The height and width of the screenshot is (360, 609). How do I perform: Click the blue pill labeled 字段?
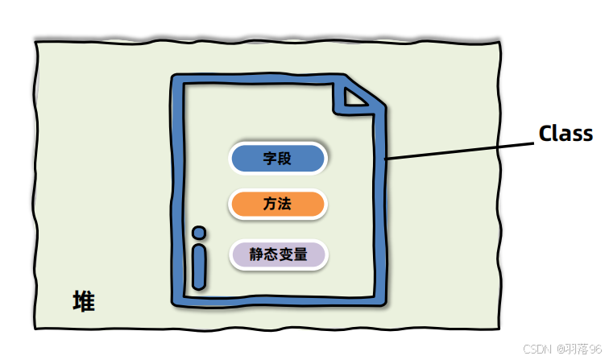pyautogui.click(x=278, y=159)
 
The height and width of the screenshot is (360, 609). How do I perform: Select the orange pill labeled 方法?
pyautogui.click(x=278, y=205)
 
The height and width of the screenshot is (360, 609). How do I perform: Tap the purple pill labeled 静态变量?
pyautogui.click(x=279, y=254)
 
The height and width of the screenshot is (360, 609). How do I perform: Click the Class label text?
pyautogui.click(x=565, y=134)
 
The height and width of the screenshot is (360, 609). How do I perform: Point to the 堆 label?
pyautogui.click(x=83, y=302)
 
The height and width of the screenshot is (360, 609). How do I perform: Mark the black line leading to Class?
pyautogui.click(x=459, y=151)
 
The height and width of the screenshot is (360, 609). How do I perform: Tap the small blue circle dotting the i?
pyautogui.click(x=199, y=234)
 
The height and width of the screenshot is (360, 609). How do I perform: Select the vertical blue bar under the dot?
pyautogui.click(x=199, y=267)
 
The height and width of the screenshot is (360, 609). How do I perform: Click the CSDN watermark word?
pyautogui.click(x=536, y=349)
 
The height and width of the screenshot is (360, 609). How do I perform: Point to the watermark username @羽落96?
pyautogui.click(x=578, y=349)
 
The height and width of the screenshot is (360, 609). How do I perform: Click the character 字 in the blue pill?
pyautogui.click(x=270, y=159)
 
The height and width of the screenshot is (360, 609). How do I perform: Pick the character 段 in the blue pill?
pyautogui.click(x=284, y=159)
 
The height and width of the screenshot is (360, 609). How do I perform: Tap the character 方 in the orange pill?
pyautogui.click(x=270, y=205)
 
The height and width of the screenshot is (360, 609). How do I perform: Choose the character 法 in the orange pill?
pyautogui.click(x=284, y=205)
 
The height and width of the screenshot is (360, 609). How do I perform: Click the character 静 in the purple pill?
pyautogui.click(x=256, y=254)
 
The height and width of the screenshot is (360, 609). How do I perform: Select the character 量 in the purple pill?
pyautogui.click(x=300, y=254)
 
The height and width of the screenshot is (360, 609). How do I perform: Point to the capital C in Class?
pyautogui.click(x=545, y=134)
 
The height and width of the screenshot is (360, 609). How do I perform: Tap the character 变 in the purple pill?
pyautogui.click(x=286, y=254)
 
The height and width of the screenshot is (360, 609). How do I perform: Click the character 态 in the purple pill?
pyautogui.click(x=271, y=254)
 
